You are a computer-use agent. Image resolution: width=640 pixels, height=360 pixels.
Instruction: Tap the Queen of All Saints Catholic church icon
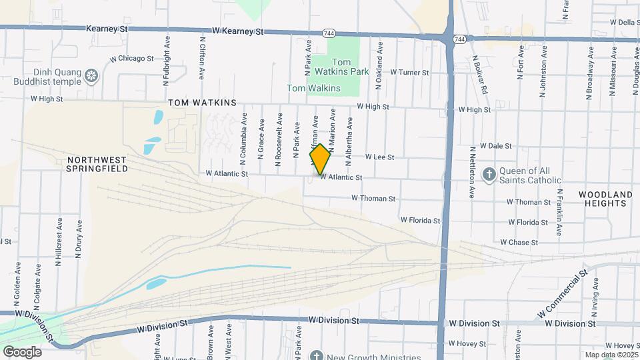(489, 174)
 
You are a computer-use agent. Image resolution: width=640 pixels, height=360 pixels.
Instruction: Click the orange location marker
(320, 159)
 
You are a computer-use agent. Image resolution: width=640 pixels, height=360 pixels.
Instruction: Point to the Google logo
(22, 351)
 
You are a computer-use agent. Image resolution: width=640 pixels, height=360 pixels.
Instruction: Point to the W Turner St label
(409, 72)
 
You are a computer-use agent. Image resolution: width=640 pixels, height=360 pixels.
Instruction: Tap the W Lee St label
(380, 157)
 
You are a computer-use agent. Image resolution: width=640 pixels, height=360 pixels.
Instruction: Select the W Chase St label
(518, 242)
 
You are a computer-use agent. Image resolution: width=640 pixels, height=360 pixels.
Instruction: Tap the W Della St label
(625, 22)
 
